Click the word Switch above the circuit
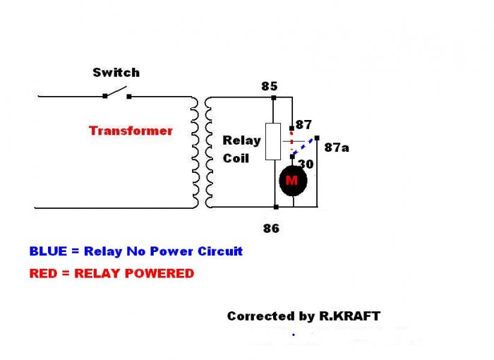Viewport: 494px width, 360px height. click(x=116, y=72)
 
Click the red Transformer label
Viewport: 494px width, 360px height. click(x=131, y=131)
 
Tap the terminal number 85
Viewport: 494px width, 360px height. click(x=269, y=87)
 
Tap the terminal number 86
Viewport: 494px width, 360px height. click(x=271, y=228)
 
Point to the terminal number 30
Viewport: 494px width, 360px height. click(x=305, y=163)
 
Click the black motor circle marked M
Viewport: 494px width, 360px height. click(x=291, y=181)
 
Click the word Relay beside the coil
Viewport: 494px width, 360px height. click(x=241, y=140)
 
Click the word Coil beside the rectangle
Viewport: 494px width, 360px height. click(x=236, y=158)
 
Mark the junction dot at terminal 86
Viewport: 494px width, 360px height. click(x=276, y=207)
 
